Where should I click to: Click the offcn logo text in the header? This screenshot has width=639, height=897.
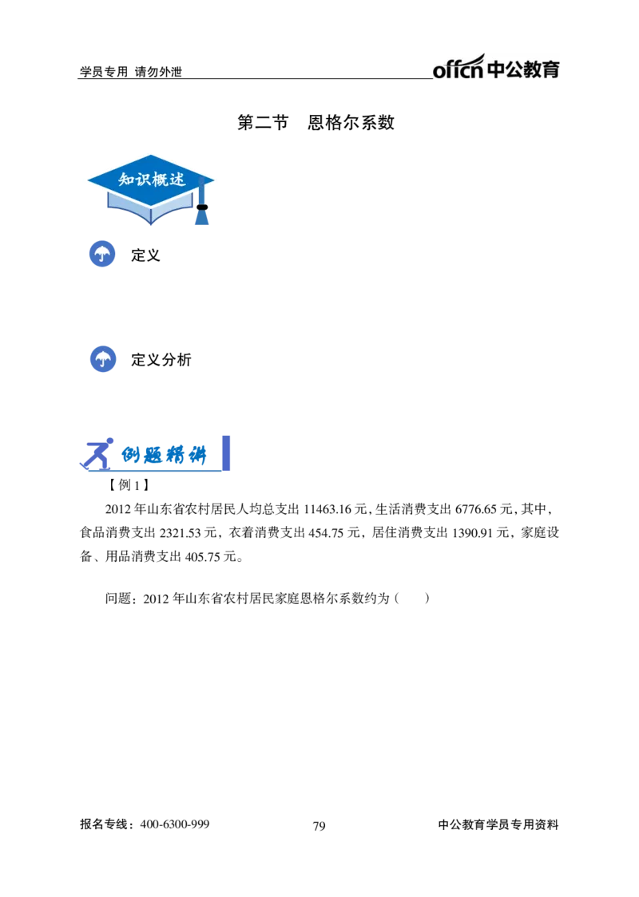458,68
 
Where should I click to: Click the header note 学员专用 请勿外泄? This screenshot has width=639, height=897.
130,72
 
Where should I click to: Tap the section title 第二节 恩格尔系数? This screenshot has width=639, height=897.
316,122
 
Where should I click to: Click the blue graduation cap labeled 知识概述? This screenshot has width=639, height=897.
151,189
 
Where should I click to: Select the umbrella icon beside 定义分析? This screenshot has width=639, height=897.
103,359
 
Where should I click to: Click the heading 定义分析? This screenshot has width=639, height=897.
161,360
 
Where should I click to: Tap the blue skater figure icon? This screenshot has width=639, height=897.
97,454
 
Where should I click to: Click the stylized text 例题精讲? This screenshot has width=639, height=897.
164,456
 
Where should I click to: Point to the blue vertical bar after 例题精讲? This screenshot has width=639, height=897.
226,453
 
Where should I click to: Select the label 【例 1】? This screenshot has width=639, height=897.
129,485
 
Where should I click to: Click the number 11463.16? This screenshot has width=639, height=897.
327,509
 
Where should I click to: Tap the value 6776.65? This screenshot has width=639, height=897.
476,509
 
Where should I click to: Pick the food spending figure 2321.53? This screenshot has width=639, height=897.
180,533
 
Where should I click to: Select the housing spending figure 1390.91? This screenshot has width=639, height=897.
472,533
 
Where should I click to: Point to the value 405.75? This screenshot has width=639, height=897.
203,557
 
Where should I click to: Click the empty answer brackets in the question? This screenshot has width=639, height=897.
411,599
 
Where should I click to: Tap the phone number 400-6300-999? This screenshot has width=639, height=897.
175,824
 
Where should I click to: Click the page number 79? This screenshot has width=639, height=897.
319,826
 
